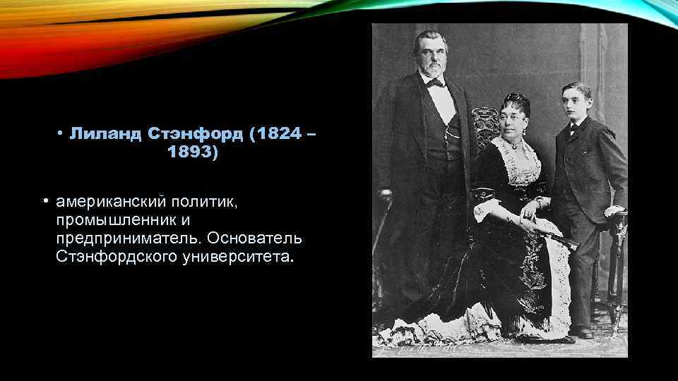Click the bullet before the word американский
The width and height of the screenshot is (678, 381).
[44, 202]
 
